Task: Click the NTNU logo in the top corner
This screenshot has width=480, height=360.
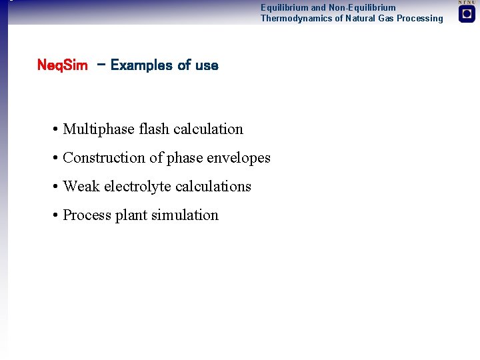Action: point(467,13)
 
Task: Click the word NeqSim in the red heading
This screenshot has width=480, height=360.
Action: point(62,65)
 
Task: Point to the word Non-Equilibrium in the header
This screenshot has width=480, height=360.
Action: point(362,8)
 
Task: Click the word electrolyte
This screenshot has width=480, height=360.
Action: point(139,187)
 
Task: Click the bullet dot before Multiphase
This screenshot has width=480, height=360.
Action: point(53,130)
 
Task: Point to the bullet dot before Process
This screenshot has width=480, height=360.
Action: point(53,216)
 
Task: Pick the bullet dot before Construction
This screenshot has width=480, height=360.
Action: point(53,159)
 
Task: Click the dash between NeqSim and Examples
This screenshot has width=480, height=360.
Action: point(100,65)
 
